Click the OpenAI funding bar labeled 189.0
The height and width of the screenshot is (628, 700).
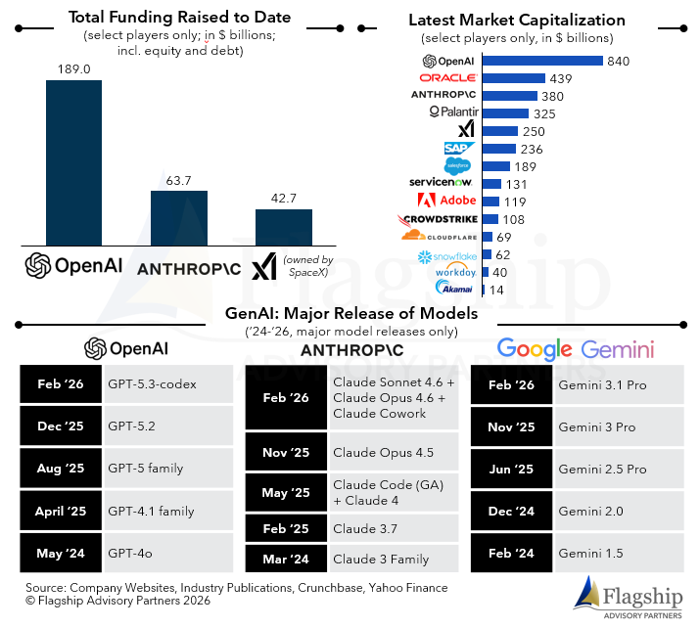click(x=73, y=162)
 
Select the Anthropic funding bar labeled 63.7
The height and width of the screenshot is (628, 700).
click(x=178, y=217)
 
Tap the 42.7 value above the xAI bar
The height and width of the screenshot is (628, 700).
click(x=283, y=199)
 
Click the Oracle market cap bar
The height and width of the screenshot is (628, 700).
click(x=513, y=78)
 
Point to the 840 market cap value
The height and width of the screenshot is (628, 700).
click(x=618, y=62)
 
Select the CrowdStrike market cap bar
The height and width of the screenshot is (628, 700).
click(x=490, y=218)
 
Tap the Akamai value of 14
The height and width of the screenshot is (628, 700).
click(x=497, y=290)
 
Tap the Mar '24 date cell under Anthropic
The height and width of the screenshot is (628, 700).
click(x=286, y=560)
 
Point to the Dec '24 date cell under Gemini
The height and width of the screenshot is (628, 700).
click(x=511, y=511)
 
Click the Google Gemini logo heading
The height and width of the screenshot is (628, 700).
click(x=575, y=349)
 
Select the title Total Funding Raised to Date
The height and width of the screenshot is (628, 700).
click(x=178, y=18)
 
